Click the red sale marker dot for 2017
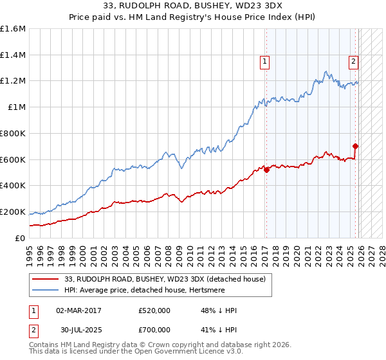266,170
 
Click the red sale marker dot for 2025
356,146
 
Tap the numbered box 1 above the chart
264,62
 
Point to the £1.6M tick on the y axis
13,29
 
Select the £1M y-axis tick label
16,107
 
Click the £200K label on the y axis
13,212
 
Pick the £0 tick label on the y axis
21,238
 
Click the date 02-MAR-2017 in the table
78,310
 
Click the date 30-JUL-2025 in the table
78,330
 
